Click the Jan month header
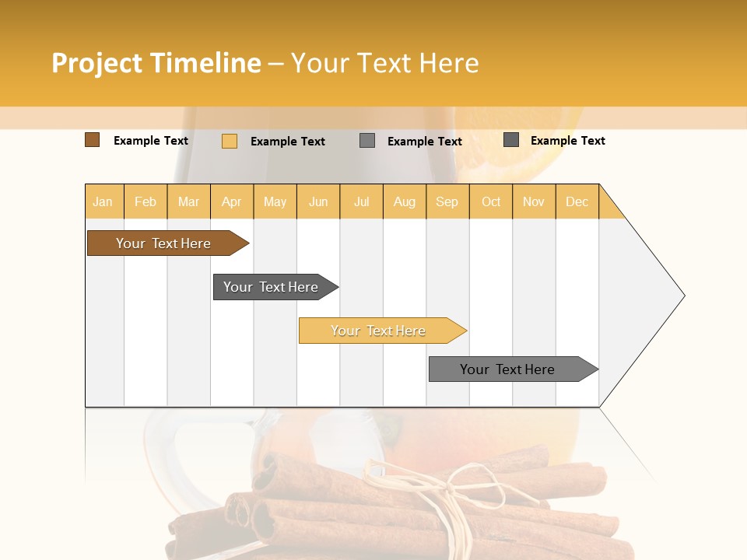(x=103, y=201)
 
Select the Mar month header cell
(x=188, y=201)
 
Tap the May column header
(x=275, y=201)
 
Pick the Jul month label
(x=361, y=201)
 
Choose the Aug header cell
(x=404, y=201)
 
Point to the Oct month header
(x=490, y=201)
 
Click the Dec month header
(x=577, y=201)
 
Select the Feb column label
(x=146, y=201)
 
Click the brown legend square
(x=92, y=140)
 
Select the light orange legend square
(x=229, y=141)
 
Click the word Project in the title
(x=97, y=63)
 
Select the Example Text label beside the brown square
(x=151, y=141)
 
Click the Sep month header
(x=447, y=201)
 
